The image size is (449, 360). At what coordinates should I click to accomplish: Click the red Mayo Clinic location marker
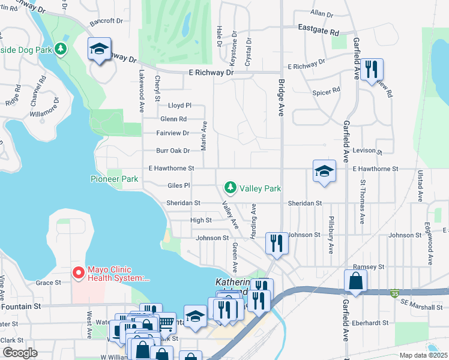pyautogui.click(x=78, y=272)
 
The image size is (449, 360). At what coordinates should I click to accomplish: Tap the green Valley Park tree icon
pyautogui.click(x=230, y=188)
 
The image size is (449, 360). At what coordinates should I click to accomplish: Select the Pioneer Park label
pyautogui.click(x=114, y=179)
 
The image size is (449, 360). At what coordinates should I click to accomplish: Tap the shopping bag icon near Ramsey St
pyautogui.click(x=355, y=280)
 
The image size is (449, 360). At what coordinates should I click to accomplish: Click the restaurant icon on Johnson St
pyautogui.click(x=276, y=242)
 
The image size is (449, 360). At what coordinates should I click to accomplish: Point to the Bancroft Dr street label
pyautogui.click(x=106, y=21)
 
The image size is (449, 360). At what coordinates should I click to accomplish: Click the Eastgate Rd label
pyautogui.click(x=319, y=31)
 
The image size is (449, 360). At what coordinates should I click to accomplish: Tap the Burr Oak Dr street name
pyautogui.click(x=173, y=151)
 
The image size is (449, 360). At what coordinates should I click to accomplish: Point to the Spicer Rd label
pyautogui.click(x=326, y=91)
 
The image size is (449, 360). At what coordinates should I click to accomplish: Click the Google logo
pyautogui.click(x=20, y=353)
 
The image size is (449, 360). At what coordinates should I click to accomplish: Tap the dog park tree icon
pyautogui.click(x=60, y=49)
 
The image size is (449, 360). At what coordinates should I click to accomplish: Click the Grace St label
pyautogui.click(x=49, y=282)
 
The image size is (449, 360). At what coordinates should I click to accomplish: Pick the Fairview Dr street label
pyautogui.click(x=173, y=133)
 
